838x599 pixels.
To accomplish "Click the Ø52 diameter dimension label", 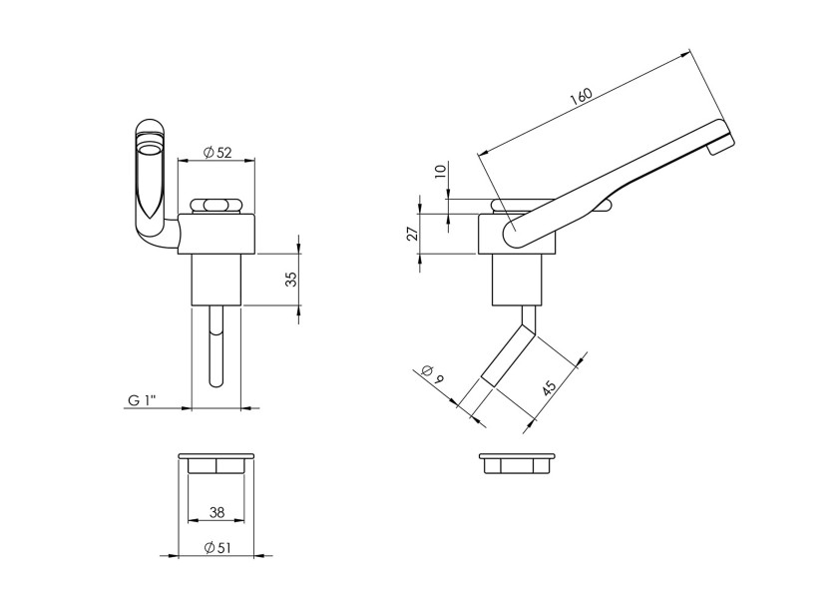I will tap(216, 152).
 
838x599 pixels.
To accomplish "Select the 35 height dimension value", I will tap(291, 279).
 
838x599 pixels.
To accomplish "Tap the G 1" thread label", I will tap(144, 400).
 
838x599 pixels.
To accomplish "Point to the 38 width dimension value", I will tap(216, 512).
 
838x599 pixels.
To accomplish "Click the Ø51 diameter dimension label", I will tap(216, 546).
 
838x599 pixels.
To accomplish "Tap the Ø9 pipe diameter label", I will tap(431, 376).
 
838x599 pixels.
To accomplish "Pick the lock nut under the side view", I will tap(516, 464).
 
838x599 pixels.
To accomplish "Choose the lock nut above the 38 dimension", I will tap(216, 464).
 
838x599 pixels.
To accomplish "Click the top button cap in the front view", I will tap(216, 205).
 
